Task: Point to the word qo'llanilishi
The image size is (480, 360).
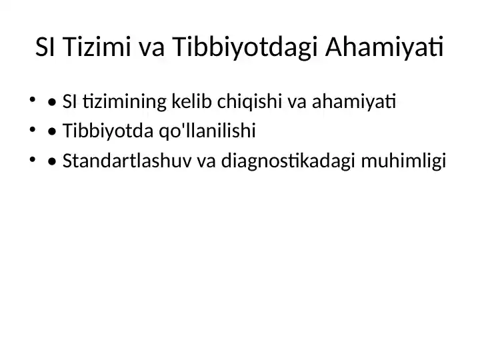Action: pyautogui.click(x=205, y=131)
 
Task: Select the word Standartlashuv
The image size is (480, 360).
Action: pyautogui.click(x=127, y=161)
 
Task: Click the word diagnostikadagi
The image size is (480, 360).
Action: pyautogui.click(x=287, y=161)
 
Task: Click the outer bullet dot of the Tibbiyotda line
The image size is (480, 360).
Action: pyautogui.click(x=32, y=131)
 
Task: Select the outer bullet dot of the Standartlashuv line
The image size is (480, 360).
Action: pyautogui.click(x=32, y=160)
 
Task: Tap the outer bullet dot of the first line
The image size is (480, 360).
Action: pyautogui.click(x=32, y=101)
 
